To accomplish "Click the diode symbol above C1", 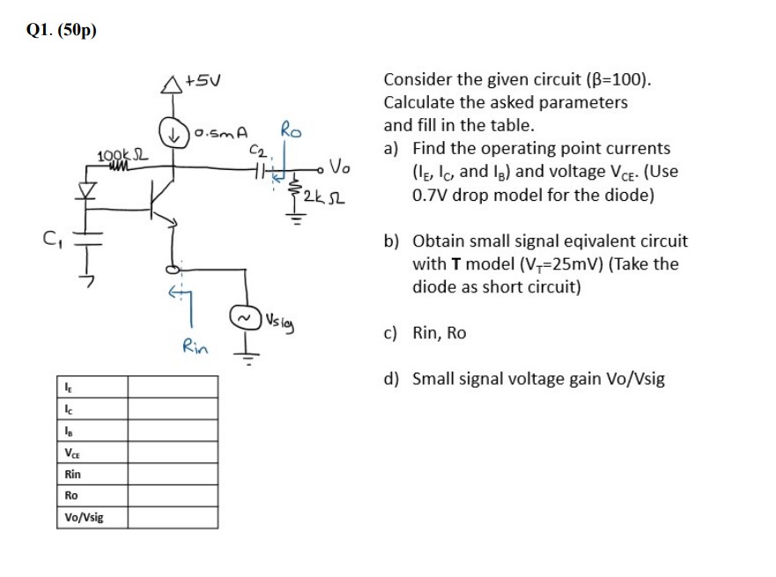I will coord(85,189).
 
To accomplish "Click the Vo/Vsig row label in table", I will coord(84,516).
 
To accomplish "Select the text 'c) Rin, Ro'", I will coord(437,332).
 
